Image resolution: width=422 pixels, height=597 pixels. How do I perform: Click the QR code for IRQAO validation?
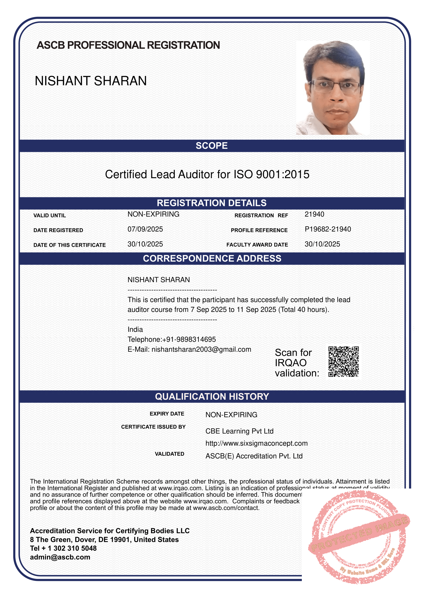(343, 361)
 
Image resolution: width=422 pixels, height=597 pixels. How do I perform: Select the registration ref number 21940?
(314, 214)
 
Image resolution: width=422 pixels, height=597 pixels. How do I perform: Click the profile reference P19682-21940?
(328, 229)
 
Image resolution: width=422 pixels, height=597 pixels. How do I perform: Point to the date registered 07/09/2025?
(145, 229)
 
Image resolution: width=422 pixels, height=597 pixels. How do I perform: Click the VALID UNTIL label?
(50, 216)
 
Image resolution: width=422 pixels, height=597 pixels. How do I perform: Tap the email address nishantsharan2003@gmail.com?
(201, 349)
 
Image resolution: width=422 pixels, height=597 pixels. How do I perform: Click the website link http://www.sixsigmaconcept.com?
(256, 443)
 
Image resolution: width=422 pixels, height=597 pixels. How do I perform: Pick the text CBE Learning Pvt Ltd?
(239, 431)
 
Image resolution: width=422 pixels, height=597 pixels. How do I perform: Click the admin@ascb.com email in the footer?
(60, 557)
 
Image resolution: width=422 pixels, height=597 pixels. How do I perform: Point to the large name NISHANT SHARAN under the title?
(91, 81)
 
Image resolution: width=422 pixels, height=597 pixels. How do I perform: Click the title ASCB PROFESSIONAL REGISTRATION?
(128, 45)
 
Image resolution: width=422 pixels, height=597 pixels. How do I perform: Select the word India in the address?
(135, 330)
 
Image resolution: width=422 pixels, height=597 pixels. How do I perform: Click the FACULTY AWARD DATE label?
(257, 245)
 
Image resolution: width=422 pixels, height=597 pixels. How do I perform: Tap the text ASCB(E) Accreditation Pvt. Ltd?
(254, 456)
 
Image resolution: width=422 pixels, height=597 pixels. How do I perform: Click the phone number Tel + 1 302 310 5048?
(63, 548)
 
